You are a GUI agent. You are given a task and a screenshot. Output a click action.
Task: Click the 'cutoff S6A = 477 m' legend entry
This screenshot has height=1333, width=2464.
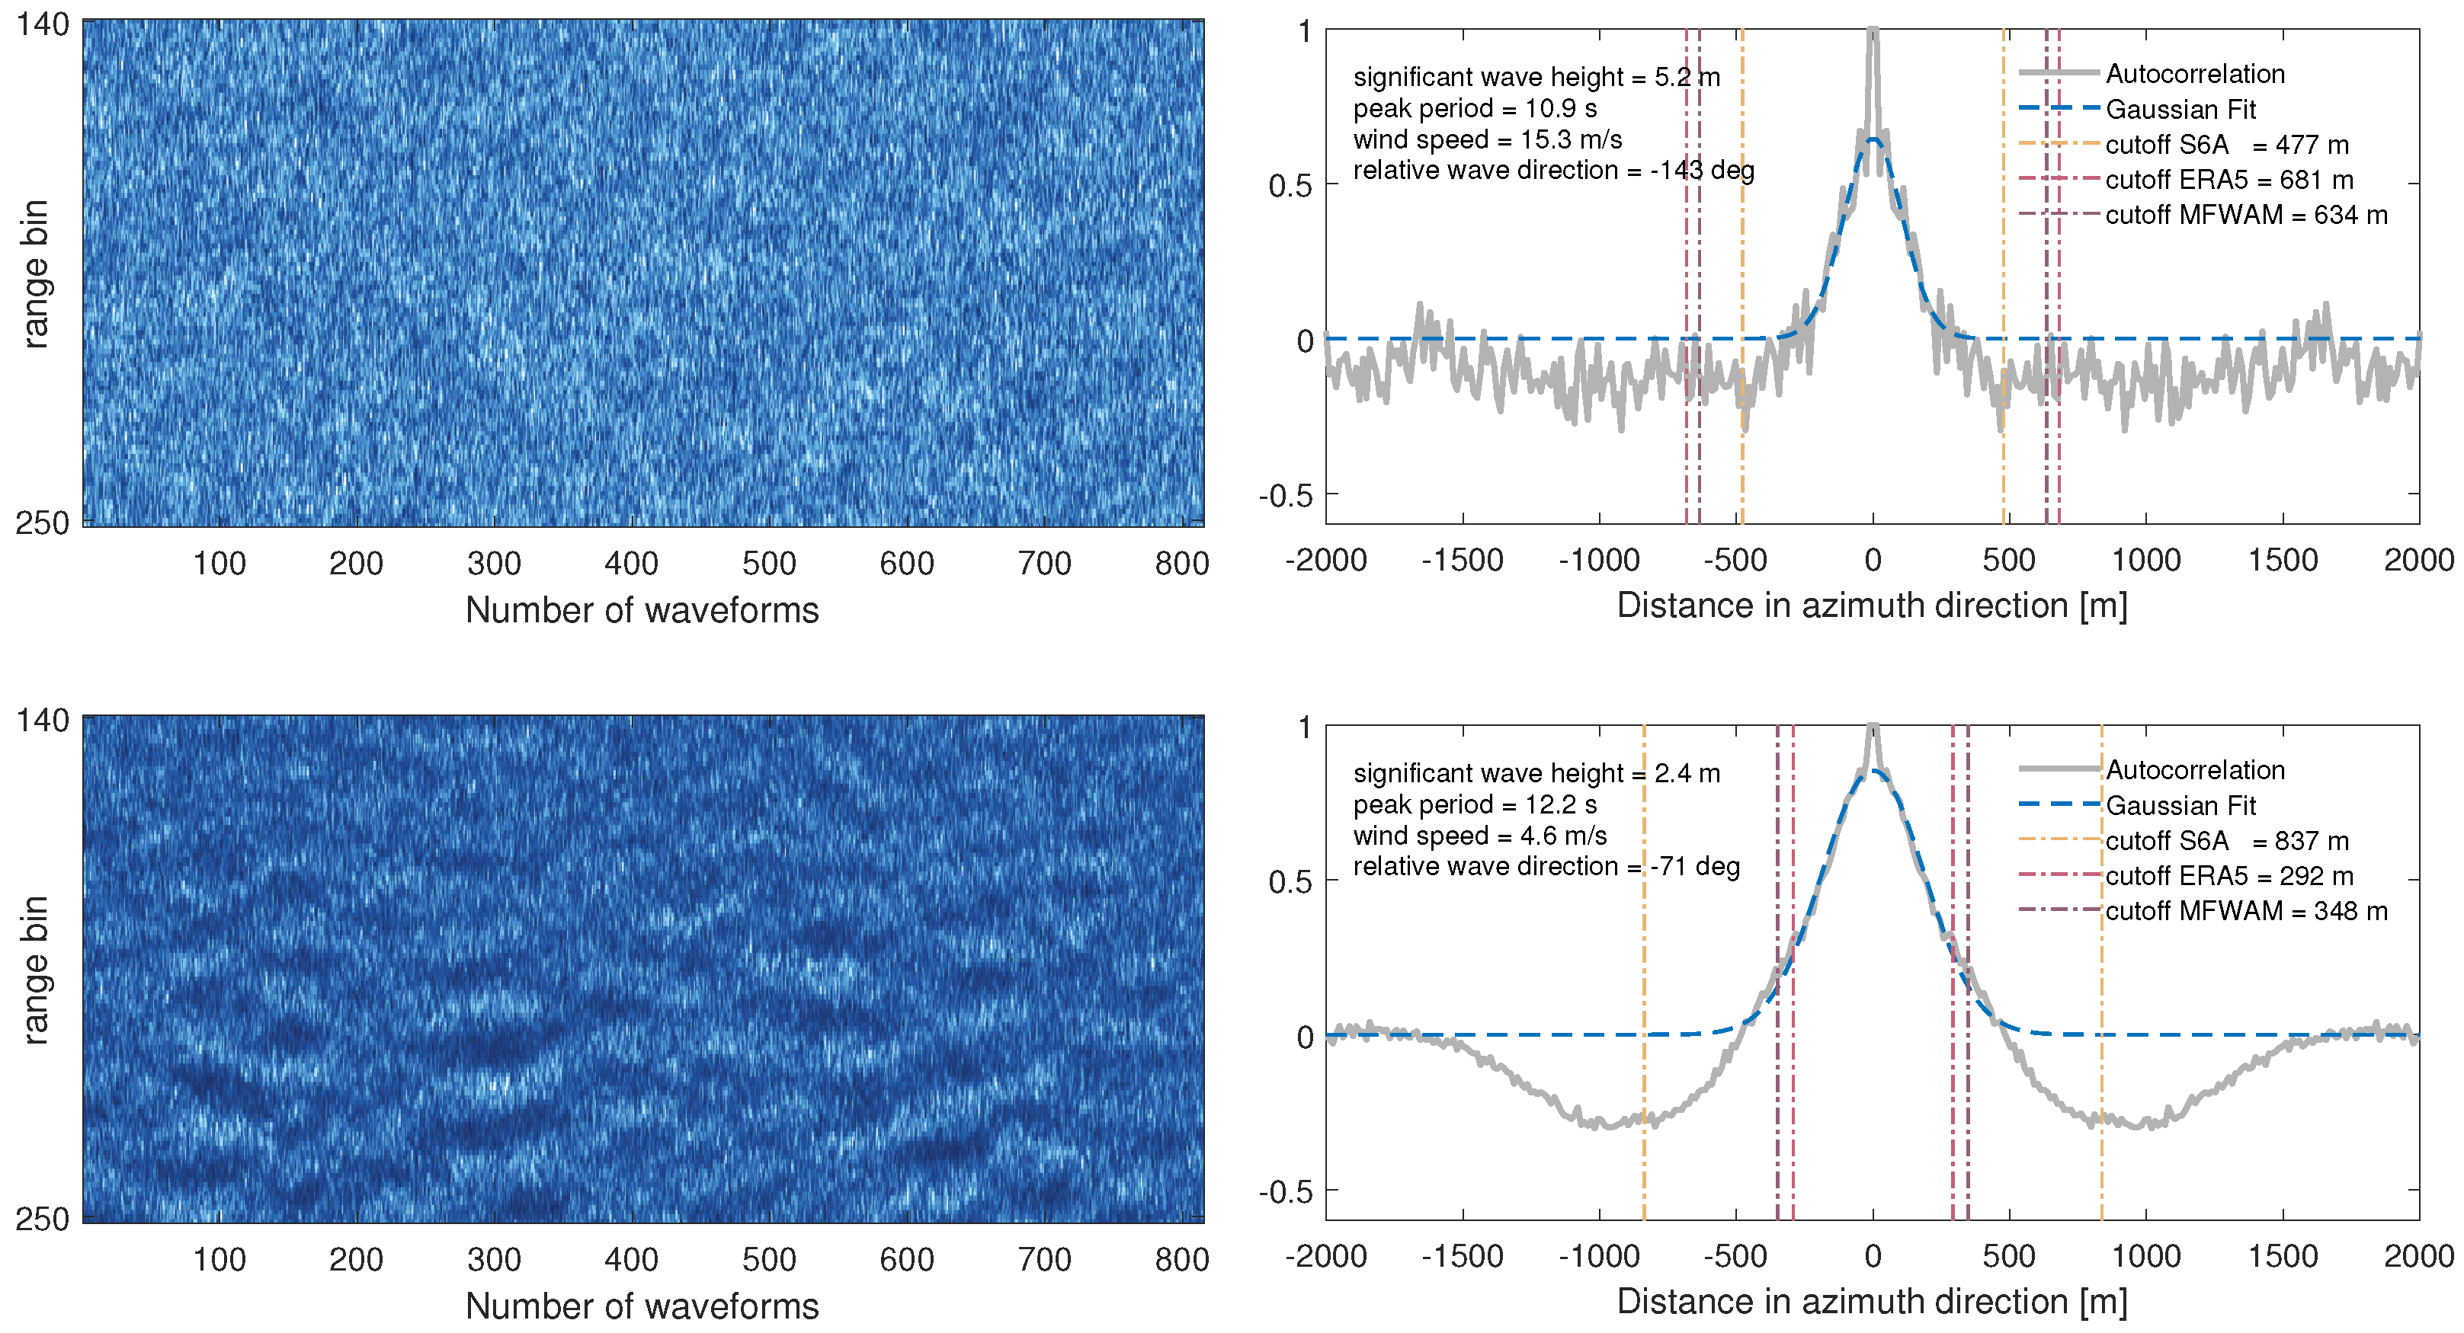click(2225, 145)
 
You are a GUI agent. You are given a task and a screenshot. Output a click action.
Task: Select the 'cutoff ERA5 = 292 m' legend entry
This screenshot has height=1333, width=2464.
click(2228, 876)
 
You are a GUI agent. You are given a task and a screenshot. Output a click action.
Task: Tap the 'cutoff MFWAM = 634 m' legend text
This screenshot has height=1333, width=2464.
click(2245, 215)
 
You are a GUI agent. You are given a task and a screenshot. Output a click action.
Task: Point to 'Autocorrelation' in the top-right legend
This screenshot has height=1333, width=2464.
click(2194, 75)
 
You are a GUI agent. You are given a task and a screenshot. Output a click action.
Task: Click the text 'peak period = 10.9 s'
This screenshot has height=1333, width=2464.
click(1474, 108)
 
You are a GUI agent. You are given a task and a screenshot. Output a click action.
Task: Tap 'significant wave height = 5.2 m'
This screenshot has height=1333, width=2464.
click(1535, 78)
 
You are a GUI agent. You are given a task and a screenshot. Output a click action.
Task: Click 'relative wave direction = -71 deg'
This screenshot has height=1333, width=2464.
click(1546, 866)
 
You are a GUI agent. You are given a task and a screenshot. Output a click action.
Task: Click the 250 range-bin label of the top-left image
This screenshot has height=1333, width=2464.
click(42, 523)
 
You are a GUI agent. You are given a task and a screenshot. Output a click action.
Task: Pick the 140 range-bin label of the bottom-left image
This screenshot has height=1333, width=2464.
click(42, 720)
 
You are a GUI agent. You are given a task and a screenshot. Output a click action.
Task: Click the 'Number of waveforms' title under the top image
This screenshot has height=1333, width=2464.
click(642, 610)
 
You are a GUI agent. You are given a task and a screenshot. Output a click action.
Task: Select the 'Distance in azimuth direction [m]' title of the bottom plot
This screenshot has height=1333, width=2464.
click(1872, 1302)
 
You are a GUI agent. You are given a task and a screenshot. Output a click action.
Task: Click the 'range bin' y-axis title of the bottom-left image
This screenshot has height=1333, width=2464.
click(34, 970)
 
